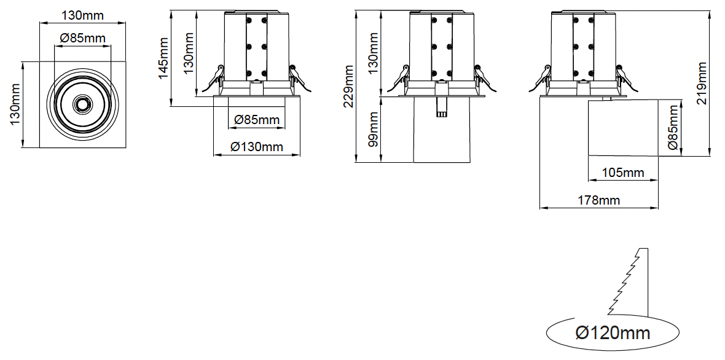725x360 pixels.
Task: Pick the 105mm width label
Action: (623, 173)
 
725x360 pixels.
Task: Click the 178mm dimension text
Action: (598, 200)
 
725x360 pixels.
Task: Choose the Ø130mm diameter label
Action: (257, 147)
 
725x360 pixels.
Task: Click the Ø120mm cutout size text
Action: (613, 333)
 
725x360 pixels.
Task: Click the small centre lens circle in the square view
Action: (81, 104)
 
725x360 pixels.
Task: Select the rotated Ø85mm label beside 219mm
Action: (673, 128)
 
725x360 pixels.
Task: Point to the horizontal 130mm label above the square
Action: (82, 15)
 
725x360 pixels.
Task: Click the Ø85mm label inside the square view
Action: (83, 38)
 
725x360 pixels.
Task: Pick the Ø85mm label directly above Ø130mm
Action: (257, 119)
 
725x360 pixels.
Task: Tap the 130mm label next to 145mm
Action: (189, 51)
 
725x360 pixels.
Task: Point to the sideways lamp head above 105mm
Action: (623, 128)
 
